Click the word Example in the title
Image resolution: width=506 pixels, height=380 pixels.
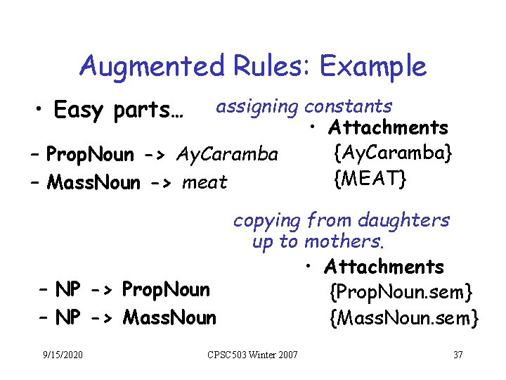coord(373,66)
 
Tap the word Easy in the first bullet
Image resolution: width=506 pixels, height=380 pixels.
coord(77,111)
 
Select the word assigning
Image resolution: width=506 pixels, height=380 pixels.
coord(257,107)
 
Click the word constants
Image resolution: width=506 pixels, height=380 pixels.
coord(349,106)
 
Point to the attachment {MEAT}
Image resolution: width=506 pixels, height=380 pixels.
coord(370,179)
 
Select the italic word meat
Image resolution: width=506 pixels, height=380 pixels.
coord(205,183)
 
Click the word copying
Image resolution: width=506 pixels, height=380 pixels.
coord(267,221)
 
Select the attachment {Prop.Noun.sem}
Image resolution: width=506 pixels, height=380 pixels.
coord(401,291)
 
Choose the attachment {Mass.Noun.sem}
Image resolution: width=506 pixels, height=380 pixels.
coord(404,319)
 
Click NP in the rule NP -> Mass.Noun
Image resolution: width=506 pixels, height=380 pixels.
coord(68,318)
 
